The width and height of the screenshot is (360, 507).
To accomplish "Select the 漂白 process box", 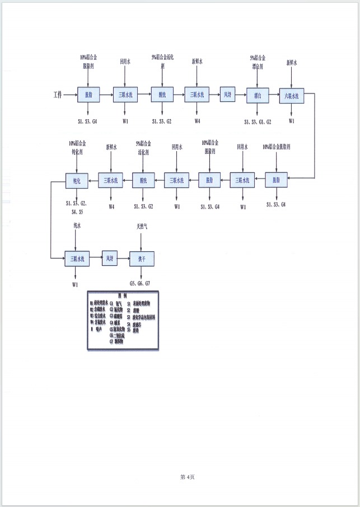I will (258, 95).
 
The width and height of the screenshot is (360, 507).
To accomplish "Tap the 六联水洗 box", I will (292, 95).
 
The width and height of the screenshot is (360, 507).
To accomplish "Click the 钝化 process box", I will (77, 180).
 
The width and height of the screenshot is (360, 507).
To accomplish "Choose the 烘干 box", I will (141, 259).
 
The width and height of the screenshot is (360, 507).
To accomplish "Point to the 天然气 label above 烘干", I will (142, 227).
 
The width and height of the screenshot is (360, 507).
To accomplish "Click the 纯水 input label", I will (77, 226).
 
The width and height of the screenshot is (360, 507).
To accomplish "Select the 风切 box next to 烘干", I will (110, 259).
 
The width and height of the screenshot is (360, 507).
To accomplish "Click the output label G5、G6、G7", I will (141, 284).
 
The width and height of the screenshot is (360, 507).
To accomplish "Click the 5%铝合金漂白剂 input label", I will (258, 61).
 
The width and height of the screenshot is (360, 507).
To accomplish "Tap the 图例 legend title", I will (123, 295).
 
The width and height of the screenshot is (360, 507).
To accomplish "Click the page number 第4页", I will (187, 477).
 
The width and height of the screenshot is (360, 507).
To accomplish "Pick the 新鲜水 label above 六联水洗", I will (292, 62).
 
